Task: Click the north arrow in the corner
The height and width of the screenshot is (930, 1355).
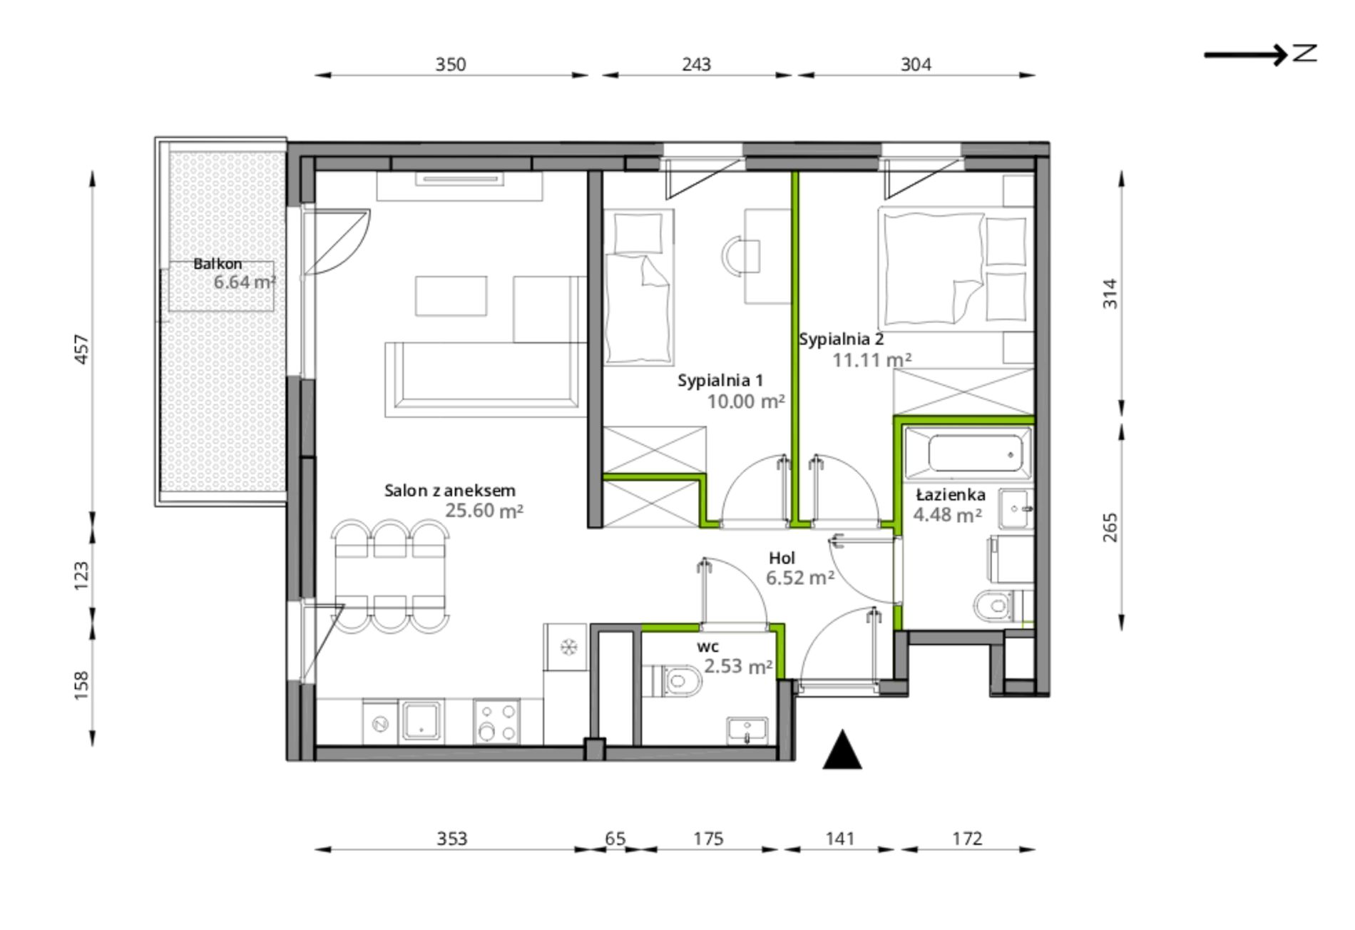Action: pyautogui.click(x=1260, y=54)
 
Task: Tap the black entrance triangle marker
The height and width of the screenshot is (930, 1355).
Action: pyautogui.click(x=842, y=750)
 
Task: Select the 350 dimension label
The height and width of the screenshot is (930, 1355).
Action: pyautogui.click(x=451, y=65)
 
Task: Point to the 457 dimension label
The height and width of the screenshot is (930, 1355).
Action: pyautogui.click(x=82, y=349)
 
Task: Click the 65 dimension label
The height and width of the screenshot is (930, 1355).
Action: pyautogui.click(x=615, y=838)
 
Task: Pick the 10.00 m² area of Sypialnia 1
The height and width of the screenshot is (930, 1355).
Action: pyautogui.click(x=746, y=402)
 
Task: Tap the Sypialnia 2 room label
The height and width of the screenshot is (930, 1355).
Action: pyautogui.click(x=842, y=339)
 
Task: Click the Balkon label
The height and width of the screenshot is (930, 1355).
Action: pyautogui.click(x=218, y=264)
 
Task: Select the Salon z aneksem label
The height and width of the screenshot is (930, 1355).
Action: pyautogui.click(x=449, y=491)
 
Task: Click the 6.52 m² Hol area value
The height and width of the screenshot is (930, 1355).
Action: pyautogui.click(x=800, y=578)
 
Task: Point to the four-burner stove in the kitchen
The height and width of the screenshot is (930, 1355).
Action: pyautogui.click(x=496, y=722)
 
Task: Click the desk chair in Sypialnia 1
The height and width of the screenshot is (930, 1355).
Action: pyautogui.click(x=740, y=256)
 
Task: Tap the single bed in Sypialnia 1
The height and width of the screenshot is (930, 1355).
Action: pyautogui.click(x=639, y=287)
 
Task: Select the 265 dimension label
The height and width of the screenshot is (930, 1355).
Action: pyautogui.click(x=1110, y=528)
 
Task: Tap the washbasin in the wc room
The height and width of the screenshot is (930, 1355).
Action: pyautogui.click(x=747, y=730)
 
